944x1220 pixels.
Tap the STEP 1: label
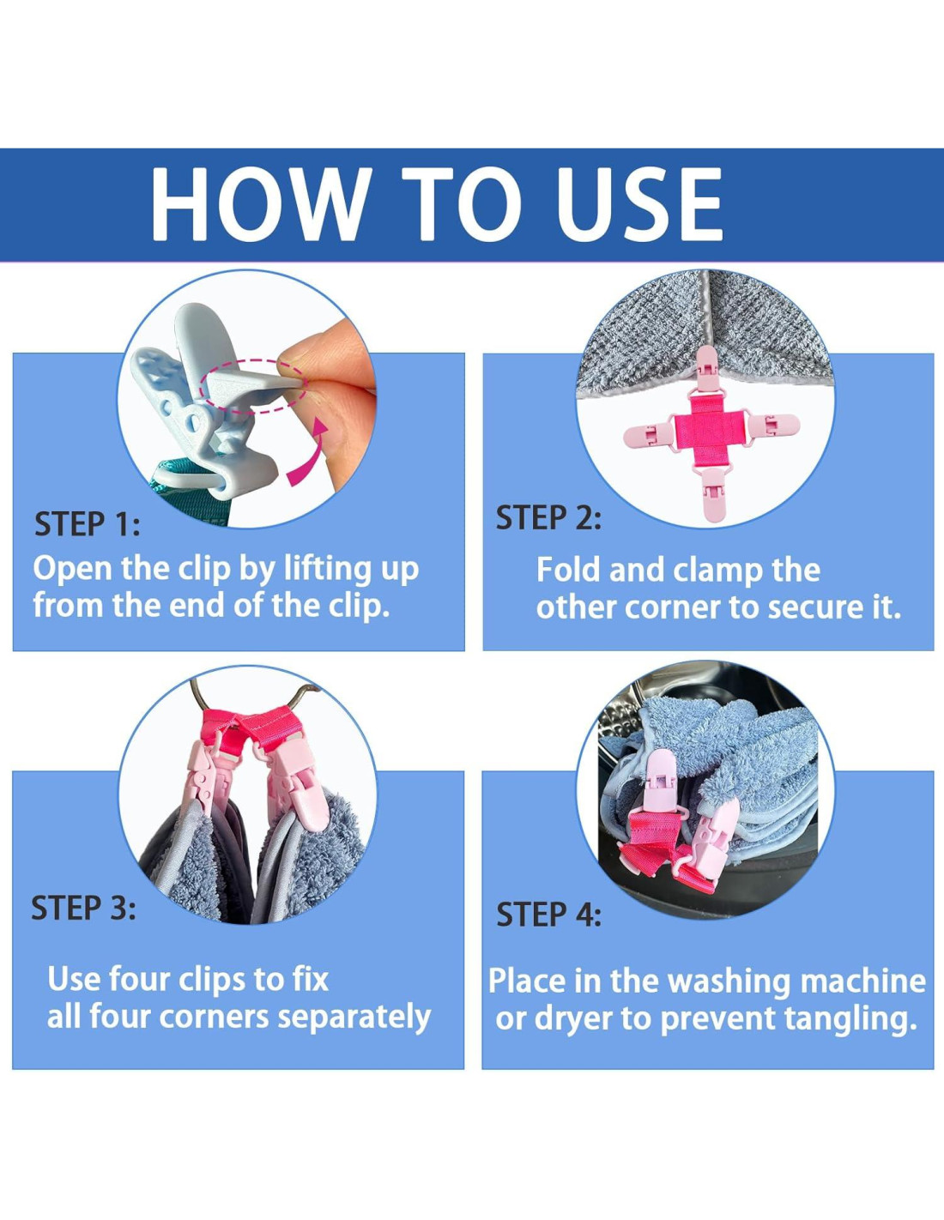(87, 524)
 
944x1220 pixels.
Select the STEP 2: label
(548, 517)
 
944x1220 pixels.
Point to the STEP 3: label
(83, 908)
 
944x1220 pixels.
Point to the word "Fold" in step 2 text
(569, 570)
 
